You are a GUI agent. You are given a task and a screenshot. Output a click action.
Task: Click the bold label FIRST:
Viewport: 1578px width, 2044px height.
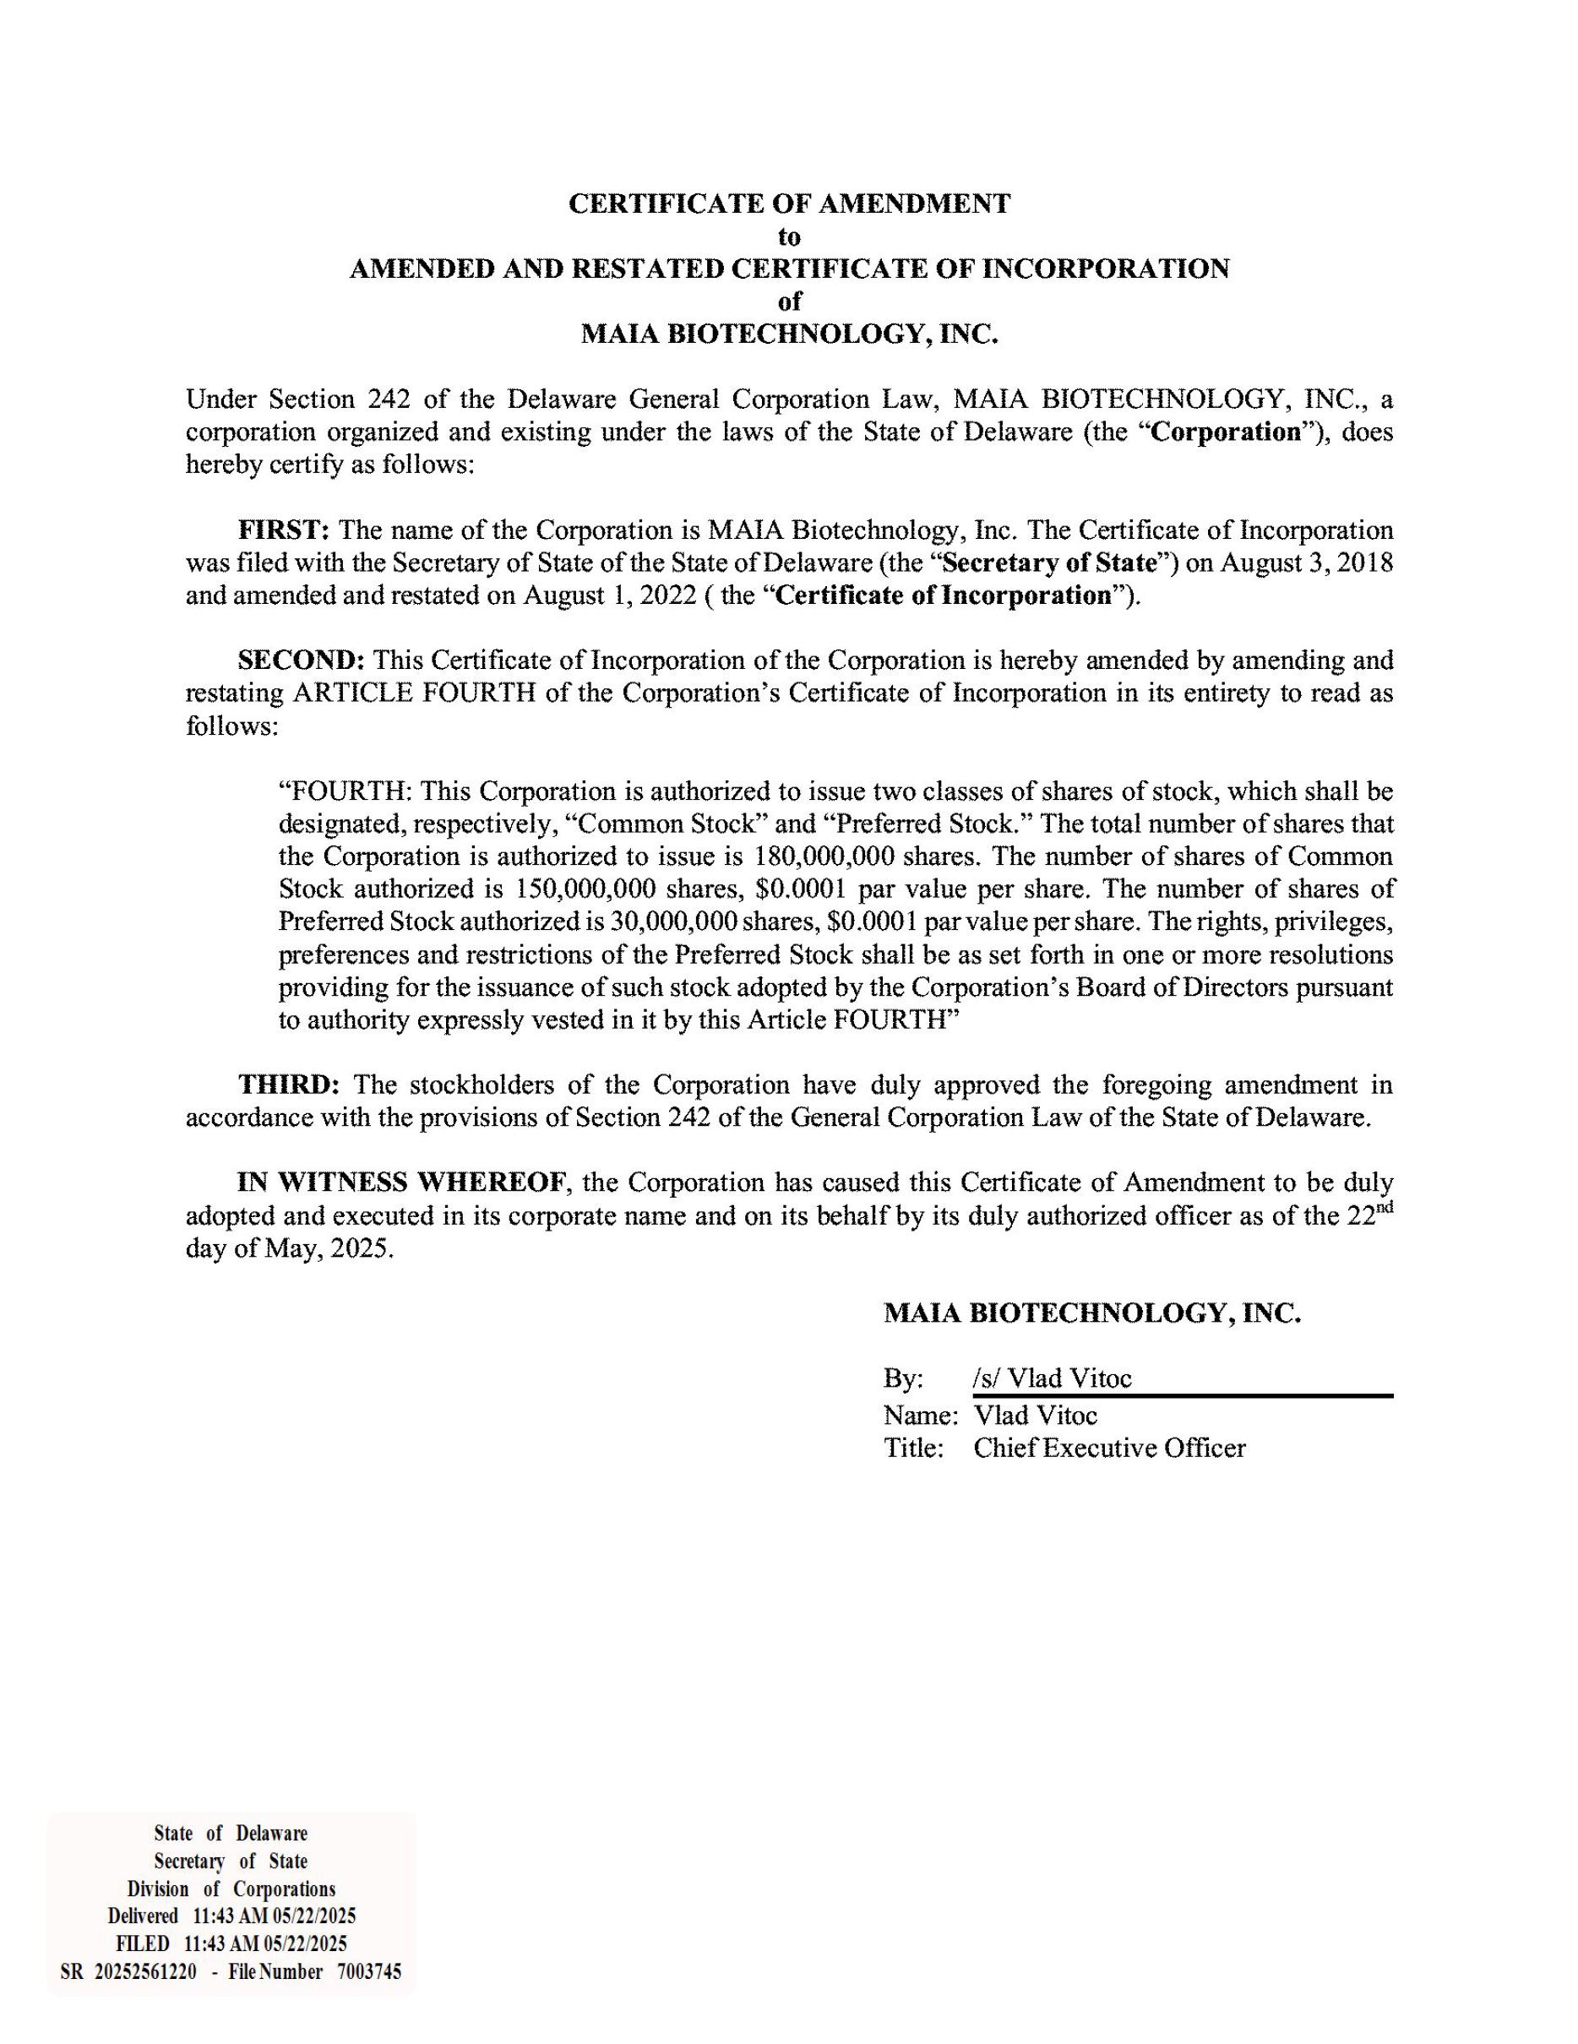tap(284, 530)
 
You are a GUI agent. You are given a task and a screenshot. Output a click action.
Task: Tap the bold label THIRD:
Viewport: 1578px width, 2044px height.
tap(289, 1085)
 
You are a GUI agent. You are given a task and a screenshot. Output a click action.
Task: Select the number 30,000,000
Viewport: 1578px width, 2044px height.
tap(674, 921)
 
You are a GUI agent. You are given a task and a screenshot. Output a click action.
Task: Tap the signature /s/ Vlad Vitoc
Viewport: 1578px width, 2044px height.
tap(1052, 1378)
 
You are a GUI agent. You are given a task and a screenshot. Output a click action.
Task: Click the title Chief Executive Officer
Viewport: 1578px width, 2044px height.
tap(1109, 1448)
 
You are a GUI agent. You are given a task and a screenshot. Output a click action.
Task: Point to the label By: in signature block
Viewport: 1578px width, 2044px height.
tap(903, 1378)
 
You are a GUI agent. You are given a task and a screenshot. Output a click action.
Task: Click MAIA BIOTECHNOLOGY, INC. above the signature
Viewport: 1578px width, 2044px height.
tap(1092, 1313)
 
